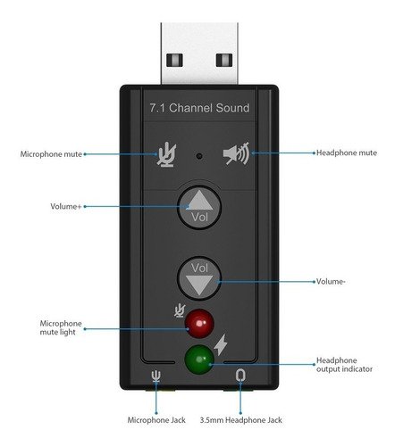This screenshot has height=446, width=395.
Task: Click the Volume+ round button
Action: click(x=199, y=207)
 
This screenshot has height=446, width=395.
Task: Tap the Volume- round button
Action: click(x=199, y=278)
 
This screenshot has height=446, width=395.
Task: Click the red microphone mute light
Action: click(x=199, y=324)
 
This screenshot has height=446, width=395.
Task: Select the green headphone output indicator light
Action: click(x=199, y=359)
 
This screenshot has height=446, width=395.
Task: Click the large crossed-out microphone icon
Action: click(x=167, y=154)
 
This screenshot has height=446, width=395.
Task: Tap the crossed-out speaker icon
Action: click(x=236, y=153)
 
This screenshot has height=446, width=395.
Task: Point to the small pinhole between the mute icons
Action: click(x=199, y=156)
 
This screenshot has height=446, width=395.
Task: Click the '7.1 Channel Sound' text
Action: click(x=199, y=108)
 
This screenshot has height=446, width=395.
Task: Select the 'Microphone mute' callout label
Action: click(x=51, y=154)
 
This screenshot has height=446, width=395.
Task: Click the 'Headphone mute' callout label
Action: click(x=347, y=153)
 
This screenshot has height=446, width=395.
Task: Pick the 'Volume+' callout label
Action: click(x=66, y=206)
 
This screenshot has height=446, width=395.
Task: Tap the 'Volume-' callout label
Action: click(x=331, y=281)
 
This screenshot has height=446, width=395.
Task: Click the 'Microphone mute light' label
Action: click(x=61, y=327)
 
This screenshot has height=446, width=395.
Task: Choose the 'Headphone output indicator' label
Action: click(x=344, y=365)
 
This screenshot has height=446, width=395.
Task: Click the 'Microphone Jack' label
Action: click(x=156, y=420)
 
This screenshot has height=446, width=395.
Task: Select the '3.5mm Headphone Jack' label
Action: click(x=241, y=420)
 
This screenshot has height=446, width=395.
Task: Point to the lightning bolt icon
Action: click(x=221, y=345)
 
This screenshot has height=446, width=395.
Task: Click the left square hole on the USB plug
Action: click(x=174, y=60)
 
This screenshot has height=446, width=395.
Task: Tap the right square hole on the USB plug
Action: click(x=224, y=60)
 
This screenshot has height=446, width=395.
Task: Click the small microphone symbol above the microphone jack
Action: click(x=156, y=376)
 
